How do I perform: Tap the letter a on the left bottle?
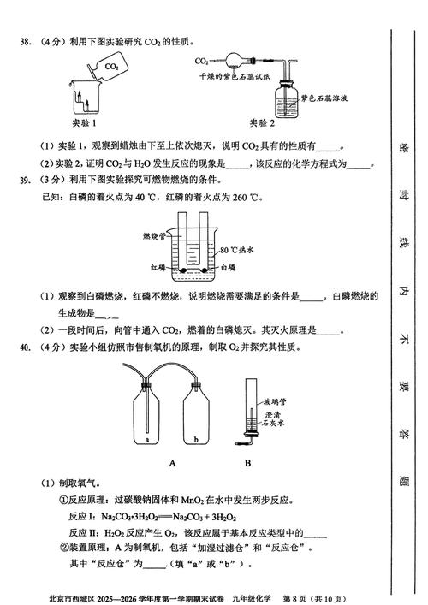coord(148,439)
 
